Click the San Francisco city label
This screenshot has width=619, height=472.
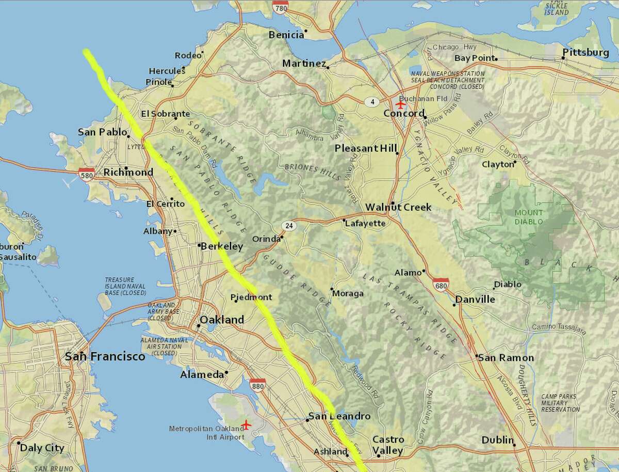coord(105,356)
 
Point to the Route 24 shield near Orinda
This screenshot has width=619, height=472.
coord(288,226)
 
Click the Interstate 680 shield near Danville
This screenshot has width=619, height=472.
coord(441,285)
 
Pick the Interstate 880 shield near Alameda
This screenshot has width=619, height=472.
coord(257,385)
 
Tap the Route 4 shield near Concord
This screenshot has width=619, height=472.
coord(372,102)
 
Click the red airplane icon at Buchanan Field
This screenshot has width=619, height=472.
coord(401,104)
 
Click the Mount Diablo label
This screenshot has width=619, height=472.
coord(528,217)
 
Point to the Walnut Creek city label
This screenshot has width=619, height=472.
coord(398,207)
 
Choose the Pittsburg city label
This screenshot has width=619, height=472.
coord(585,53)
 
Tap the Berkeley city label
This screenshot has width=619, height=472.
coord(221,246)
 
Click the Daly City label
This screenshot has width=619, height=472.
coord(42,448)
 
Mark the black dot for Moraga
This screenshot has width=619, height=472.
coord(332,289)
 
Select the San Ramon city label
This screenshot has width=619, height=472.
coord(505,357)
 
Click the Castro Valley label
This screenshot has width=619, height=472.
coord(388,445)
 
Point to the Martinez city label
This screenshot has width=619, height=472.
coord(304,64)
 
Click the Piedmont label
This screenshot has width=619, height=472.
coord(251,297)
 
